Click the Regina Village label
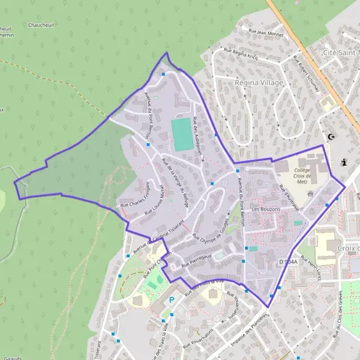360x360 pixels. tap(259, 82)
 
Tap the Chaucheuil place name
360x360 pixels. tap(44, 25)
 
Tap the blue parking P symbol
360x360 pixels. tap(172, 300)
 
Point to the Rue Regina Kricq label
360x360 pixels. tap(240, 54)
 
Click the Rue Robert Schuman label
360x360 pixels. tap(307, 74)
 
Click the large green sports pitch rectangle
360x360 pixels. tap(181, 134)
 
